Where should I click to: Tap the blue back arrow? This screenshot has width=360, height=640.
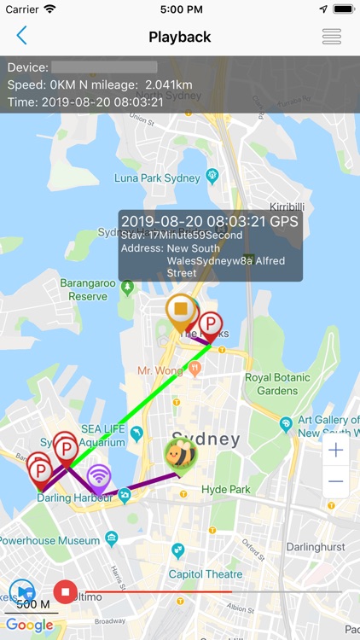tap(21, 36)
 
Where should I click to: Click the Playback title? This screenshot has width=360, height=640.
tap(179, 37)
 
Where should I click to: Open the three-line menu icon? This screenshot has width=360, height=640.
tap(331, 37)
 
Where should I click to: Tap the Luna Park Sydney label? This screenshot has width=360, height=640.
tap(158, 179)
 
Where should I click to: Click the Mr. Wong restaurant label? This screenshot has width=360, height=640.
tap(160, 370)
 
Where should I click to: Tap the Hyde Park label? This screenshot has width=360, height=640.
tap(226, 489)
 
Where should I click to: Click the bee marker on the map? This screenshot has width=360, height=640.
tap(180, 454)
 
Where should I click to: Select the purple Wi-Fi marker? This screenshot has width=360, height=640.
tap(99, 478)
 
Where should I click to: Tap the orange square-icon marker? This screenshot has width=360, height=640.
tap(181, 309)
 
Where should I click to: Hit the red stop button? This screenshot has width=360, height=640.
tap(65, 590)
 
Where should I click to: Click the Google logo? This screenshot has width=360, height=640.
tap(29, 625)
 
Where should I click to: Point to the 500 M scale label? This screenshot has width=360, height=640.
tap(32, 605)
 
